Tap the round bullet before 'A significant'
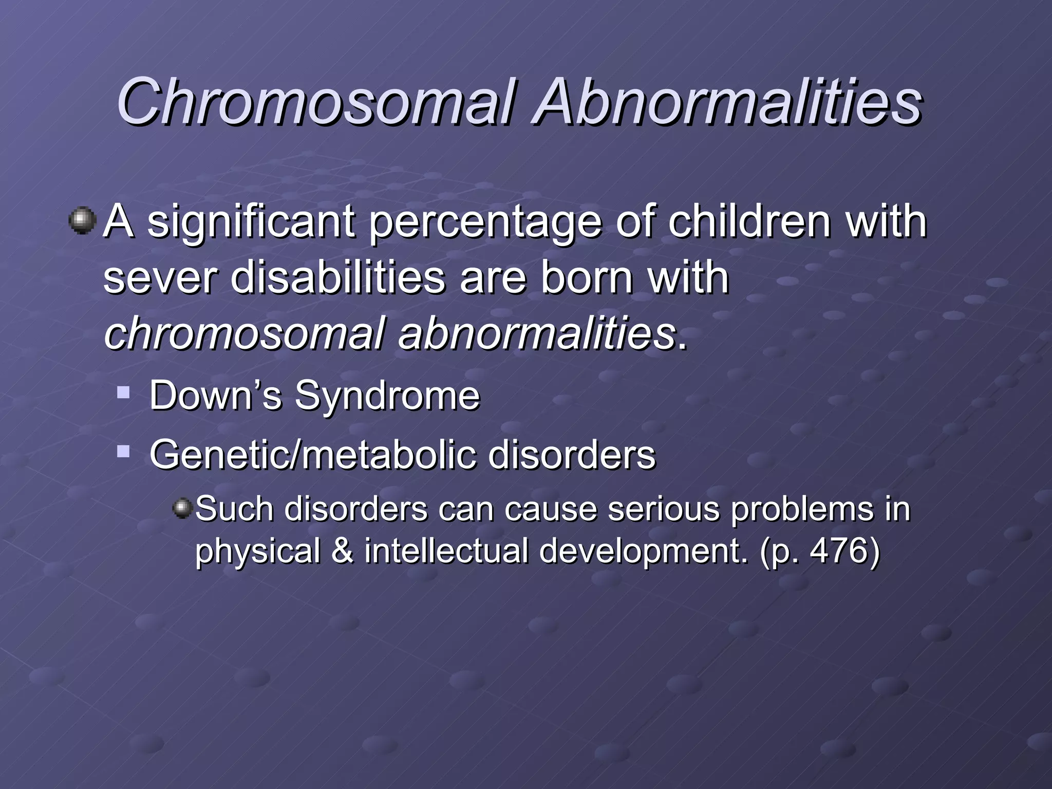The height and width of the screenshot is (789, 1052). pyautogui.click(x=82, y=221)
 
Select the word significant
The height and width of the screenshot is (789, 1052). pyautogui.click(x=251, y=222)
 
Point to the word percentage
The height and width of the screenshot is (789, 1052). pyautogui.click(x=485, y=222)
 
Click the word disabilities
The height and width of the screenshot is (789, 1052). pyautogui.click(x=337, y=277)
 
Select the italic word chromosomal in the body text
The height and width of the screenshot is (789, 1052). pyautogui.click(x=245, y=334)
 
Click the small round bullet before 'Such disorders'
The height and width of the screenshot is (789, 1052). pyautogui.click(x=182, y=509)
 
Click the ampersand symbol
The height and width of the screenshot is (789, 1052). pyautogui.click(x=343, y=551)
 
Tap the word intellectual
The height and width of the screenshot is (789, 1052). pyautogui.click(x=446, y=551)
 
